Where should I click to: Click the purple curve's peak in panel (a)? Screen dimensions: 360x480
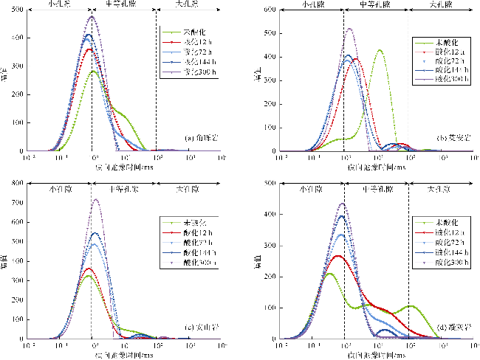(92, 16)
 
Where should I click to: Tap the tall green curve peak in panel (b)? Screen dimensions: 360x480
(380, 50)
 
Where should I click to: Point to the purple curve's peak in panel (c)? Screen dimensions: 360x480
(95, 199)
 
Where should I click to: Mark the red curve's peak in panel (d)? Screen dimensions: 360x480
(337, 256)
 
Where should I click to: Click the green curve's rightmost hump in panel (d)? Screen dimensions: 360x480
(411, 305)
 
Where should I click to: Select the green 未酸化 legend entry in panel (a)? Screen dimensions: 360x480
(189, 33)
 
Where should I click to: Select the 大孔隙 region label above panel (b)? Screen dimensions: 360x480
(442, 4)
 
